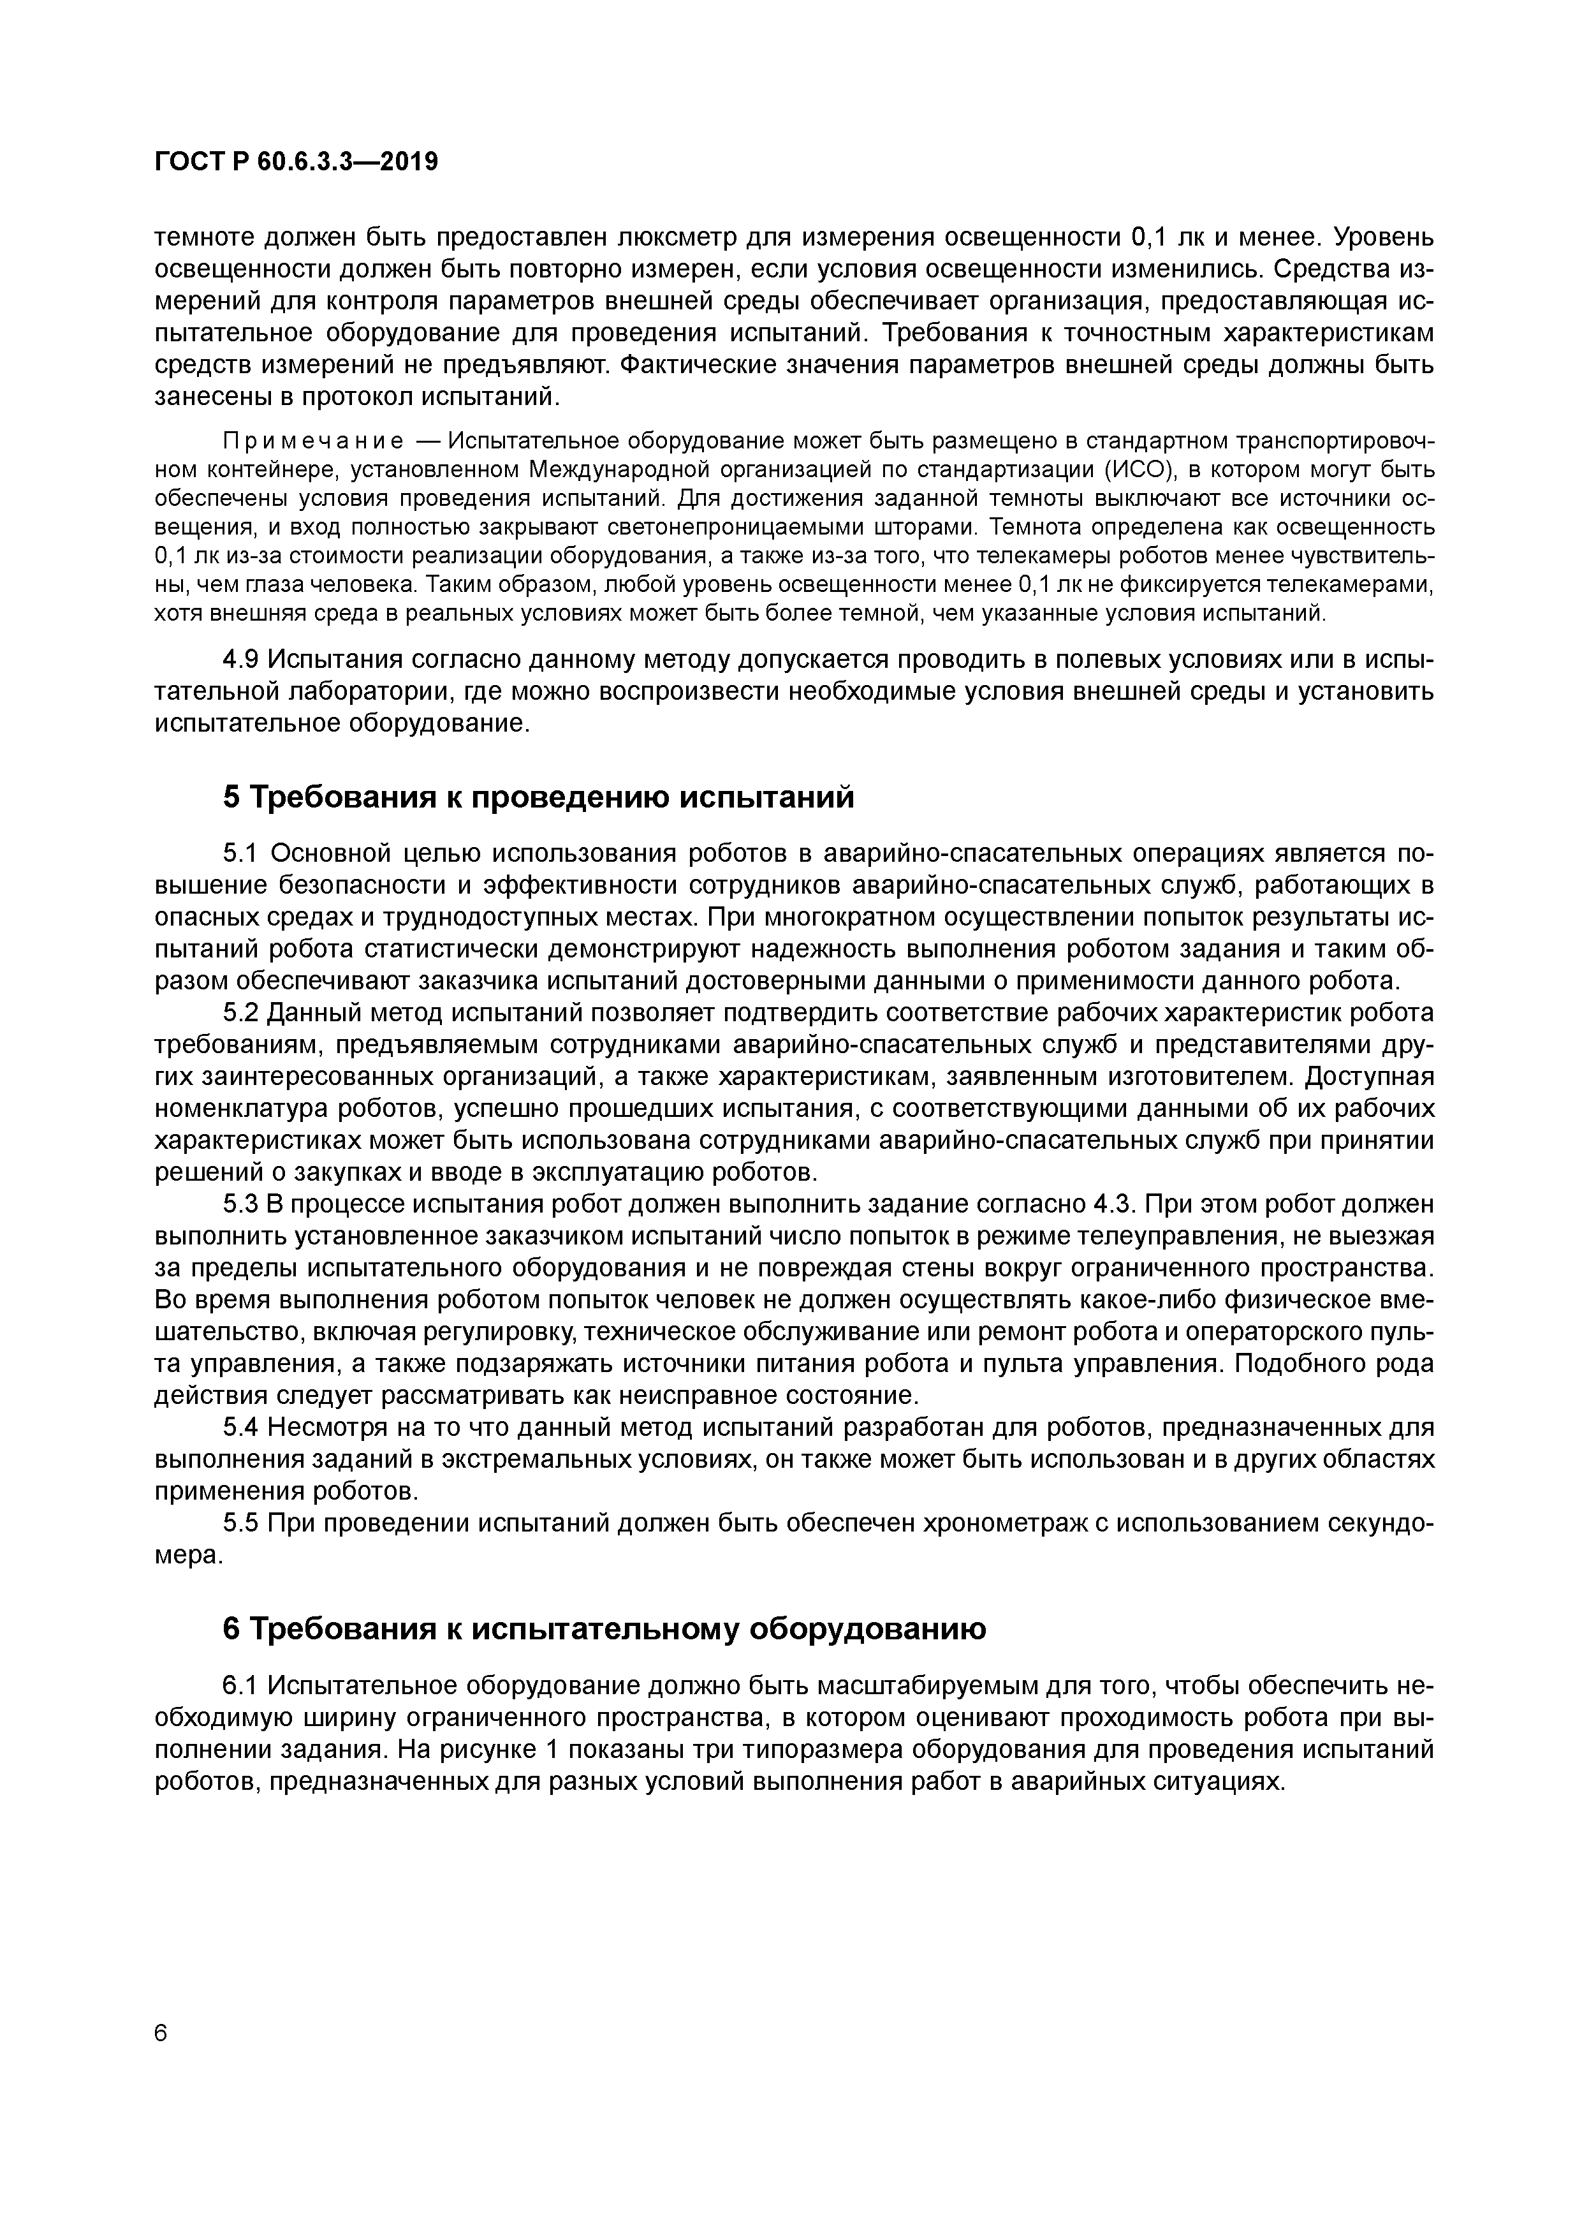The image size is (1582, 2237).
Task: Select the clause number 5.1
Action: [x=240, y=853]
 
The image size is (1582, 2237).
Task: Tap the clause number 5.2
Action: [x=240, y=1014]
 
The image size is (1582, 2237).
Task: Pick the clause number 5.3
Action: [x=240, y=1205]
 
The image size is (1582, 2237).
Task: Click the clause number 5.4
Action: [x=240, y=1428]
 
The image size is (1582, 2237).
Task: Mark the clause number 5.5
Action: [x=240, y=1524]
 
